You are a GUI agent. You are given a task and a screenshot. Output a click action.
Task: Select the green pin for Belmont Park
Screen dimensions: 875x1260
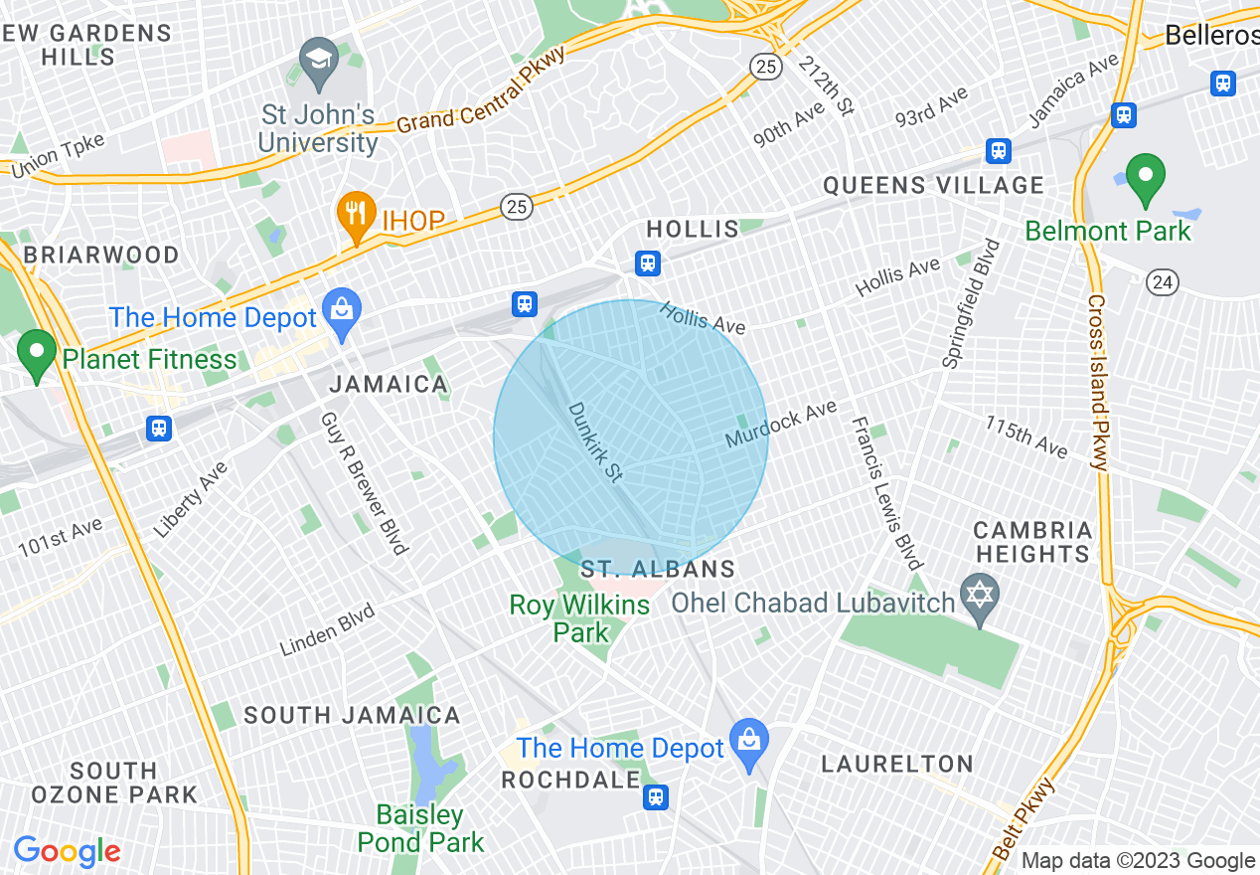[1145, 178]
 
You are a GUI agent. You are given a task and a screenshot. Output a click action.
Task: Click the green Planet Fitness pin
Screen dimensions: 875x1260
[38, 354]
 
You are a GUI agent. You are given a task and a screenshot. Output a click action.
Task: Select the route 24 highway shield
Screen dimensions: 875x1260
[1162, 282]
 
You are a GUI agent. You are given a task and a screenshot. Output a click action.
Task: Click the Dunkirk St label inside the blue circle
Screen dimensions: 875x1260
[595, 442]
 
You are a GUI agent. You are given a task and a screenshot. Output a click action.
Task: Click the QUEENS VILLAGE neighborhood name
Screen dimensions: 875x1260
[933, 186]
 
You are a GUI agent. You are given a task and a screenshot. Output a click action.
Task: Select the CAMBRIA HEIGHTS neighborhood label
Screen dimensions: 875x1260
[1032, 542]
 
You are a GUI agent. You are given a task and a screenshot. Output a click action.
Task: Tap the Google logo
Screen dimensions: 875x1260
[67, 851]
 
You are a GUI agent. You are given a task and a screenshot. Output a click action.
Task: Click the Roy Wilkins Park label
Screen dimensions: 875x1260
[580, 617]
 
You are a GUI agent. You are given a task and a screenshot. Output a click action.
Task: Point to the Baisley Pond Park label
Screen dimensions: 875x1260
[422, 829]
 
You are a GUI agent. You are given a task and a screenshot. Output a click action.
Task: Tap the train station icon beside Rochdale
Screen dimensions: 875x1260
[655, 796]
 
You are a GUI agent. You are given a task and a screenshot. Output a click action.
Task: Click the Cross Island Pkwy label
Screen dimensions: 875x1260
[1097, 382]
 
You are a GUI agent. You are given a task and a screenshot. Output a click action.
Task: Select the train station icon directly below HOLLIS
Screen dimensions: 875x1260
[648, 263]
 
